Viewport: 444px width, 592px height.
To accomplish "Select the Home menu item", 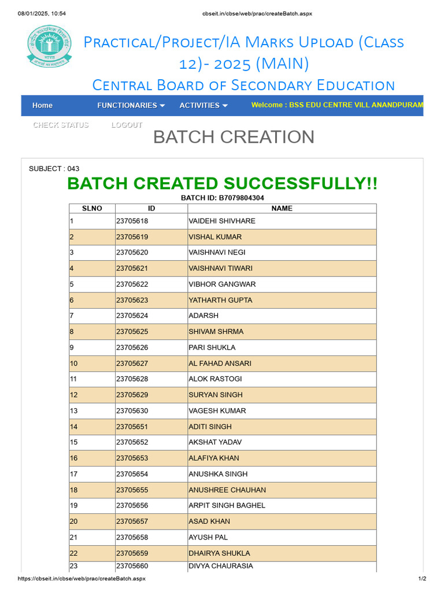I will click(x=42, y=105).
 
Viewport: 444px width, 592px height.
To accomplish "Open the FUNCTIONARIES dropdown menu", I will click(x=131, y=105).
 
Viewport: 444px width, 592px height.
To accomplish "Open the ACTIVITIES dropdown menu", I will click(x=203, y=105).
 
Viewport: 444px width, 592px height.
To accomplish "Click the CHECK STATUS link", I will click(x=61, y=125).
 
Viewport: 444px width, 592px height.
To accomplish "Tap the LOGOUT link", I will click(x=127, y=125).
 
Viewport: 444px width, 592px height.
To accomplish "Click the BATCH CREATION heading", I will click(x=234, y=137).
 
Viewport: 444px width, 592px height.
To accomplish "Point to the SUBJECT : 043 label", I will click(x=54, y=169).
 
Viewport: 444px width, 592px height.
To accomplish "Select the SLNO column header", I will click(x=92, y=208).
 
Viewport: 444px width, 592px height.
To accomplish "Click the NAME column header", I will click(x=282, y=208).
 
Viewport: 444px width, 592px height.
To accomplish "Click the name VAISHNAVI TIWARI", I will click(x=220, y=268).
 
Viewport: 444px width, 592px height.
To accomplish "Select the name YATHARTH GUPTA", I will click(x=220, y=300).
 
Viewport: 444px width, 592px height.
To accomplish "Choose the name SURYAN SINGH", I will click(x=216, y=395).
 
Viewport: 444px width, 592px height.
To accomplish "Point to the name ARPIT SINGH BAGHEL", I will click(x=227, y=505).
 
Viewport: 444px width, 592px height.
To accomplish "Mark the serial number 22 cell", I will click(x=73, y=553).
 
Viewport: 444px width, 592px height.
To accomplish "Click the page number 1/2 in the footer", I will click(x=422, y=578).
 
